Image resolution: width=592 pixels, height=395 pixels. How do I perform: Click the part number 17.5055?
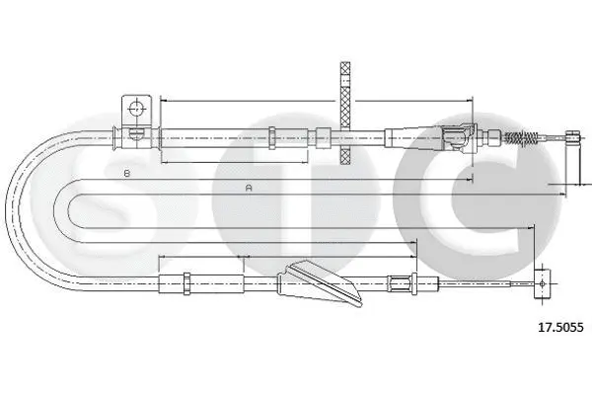(560, 327)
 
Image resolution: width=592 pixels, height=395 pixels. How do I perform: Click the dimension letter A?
(249, 188)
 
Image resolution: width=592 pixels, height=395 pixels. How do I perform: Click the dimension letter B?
(127, 173)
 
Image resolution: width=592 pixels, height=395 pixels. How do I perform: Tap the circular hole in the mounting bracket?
(137, 109)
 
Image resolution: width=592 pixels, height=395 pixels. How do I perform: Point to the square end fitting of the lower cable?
(542, 283)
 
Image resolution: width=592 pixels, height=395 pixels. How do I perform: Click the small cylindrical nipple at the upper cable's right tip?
(571, 137)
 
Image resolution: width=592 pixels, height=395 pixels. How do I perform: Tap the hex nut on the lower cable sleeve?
(186, 283)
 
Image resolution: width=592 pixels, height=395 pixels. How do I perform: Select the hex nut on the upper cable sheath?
(272, 137)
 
